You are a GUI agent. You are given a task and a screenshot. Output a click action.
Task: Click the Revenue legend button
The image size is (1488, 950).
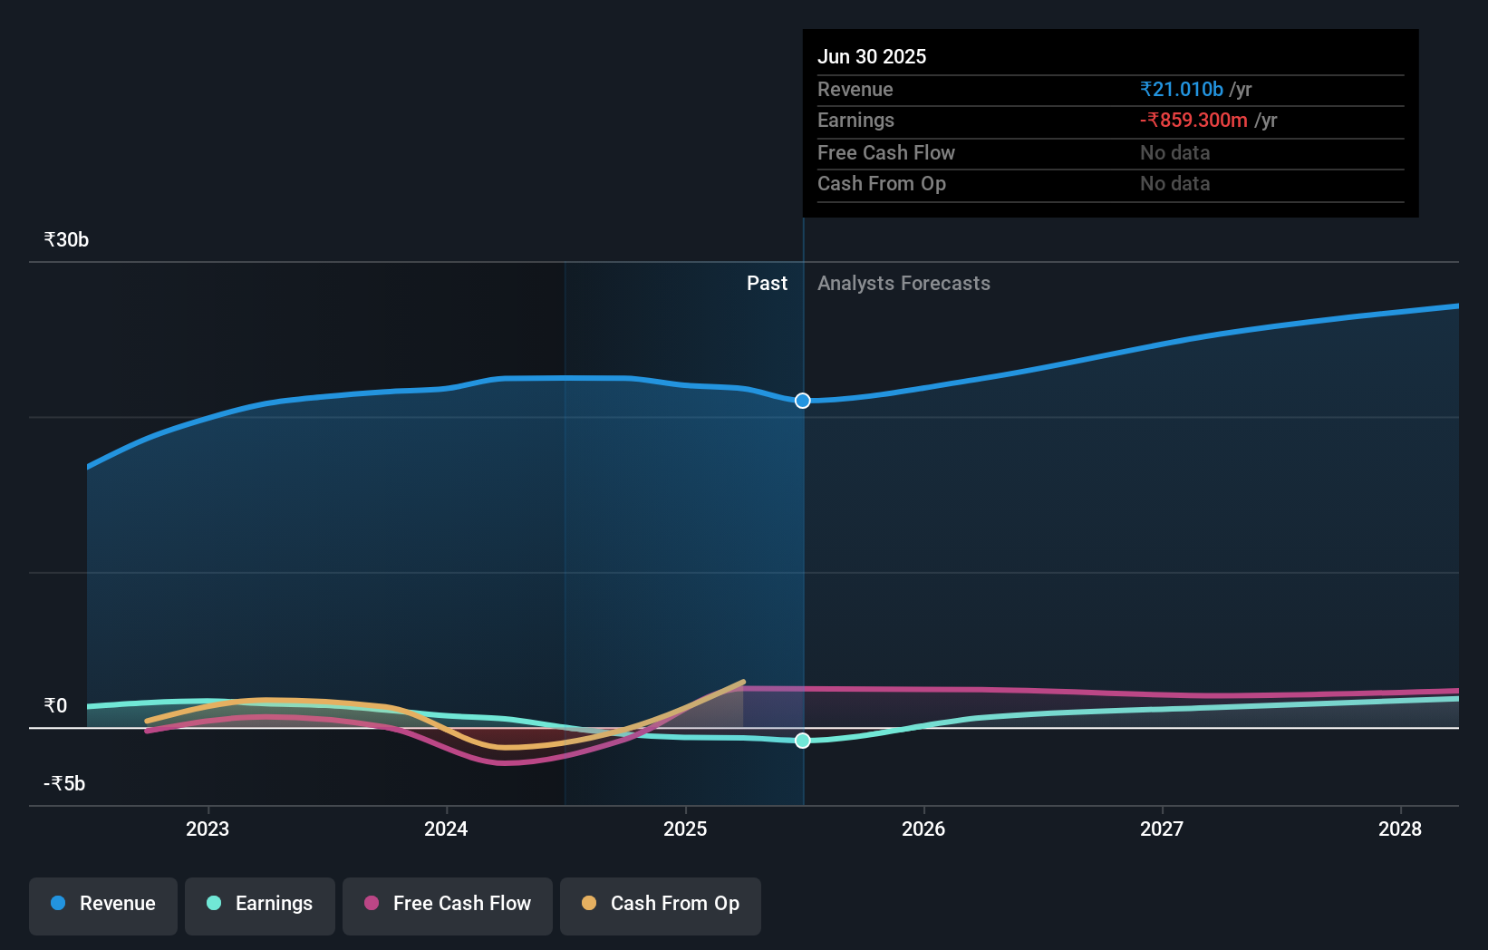103,905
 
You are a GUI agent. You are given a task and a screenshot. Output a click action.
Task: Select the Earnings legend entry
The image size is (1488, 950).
260,905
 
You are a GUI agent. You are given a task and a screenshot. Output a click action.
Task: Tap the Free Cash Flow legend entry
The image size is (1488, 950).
448,905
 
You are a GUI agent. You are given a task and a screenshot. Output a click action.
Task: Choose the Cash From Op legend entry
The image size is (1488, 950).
661,905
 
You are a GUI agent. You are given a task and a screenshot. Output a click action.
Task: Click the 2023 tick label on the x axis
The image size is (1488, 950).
208,829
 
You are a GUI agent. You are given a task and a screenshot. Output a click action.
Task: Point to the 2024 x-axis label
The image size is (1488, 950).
446,829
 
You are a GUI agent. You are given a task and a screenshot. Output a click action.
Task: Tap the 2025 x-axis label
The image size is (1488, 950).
685,829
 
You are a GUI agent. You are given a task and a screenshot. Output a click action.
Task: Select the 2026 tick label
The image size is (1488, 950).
923,829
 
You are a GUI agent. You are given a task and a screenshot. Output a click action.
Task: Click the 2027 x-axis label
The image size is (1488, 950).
1162,829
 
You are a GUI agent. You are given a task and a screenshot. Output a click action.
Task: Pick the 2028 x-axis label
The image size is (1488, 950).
1400,829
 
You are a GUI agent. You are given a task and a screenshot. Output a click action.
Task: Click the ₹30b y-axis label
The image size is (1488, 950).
66,240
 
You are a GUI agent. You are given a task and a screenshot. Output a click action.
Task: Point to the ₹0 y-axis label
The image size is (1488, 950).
55,705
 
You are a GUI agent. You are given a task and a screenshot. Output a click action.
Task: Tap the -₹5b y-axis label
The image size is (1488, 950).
64,783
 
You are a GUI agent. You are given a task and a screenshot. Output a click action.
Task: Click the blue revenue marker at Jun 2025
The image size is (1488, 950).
803,401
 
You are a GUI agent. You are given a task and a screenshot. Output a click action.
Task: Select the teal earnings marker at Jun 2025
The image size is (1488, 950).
803,741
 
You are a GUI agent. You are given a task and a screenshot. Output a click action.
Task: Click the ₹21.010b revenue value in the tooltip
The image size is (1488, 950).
1182,89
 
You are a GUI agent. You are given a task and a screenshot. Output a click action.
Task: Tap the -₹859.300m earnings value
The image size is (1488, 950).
1193,120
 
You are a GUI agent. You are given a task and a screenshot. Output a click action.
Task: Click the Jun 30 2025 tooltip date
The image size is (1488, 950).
872,56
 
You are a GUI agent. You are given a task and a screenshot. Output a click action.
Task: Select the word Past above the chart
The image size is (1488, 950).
767,283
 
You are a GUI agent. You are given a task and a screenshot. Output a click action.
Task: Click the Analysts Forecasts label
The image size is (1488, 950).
903,283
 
